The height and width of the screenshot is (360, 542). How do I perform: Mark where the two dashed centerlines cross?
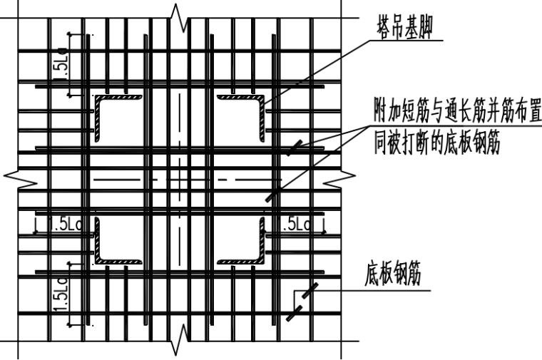(x=178, y=179)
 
